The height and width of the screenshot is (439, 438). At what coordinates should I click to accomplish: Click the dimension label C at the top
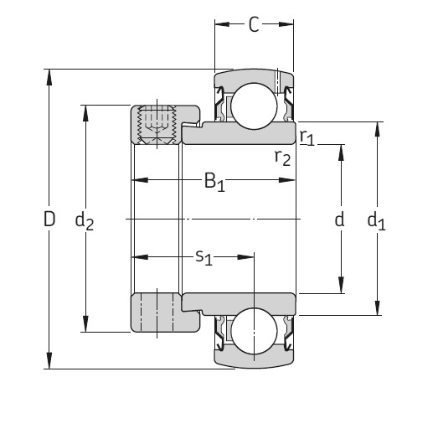click(x=254, y=25)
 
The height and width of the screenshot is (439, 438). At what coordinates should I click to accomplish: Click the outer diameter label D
click(x=49, y=220)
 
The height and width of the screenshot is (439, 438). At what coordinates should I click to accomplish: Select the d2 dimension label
click(x=84, y=221)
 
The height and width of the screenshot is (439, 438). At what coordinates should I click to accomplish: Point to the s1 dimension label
click(x=204, y=257)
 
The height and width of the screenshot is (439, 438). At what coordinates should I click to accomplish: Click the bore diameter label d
click(x=340, y=220)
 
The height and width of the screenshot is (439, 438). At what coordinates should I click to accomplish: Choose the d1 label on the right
click(x=377, y=221)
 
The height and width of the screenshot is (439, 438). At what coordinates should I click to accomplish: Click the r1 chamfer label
click(x=307, y=137)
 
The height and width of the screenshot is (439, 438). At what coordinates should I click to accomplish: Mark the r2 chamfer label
click(x=282, y=157)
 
